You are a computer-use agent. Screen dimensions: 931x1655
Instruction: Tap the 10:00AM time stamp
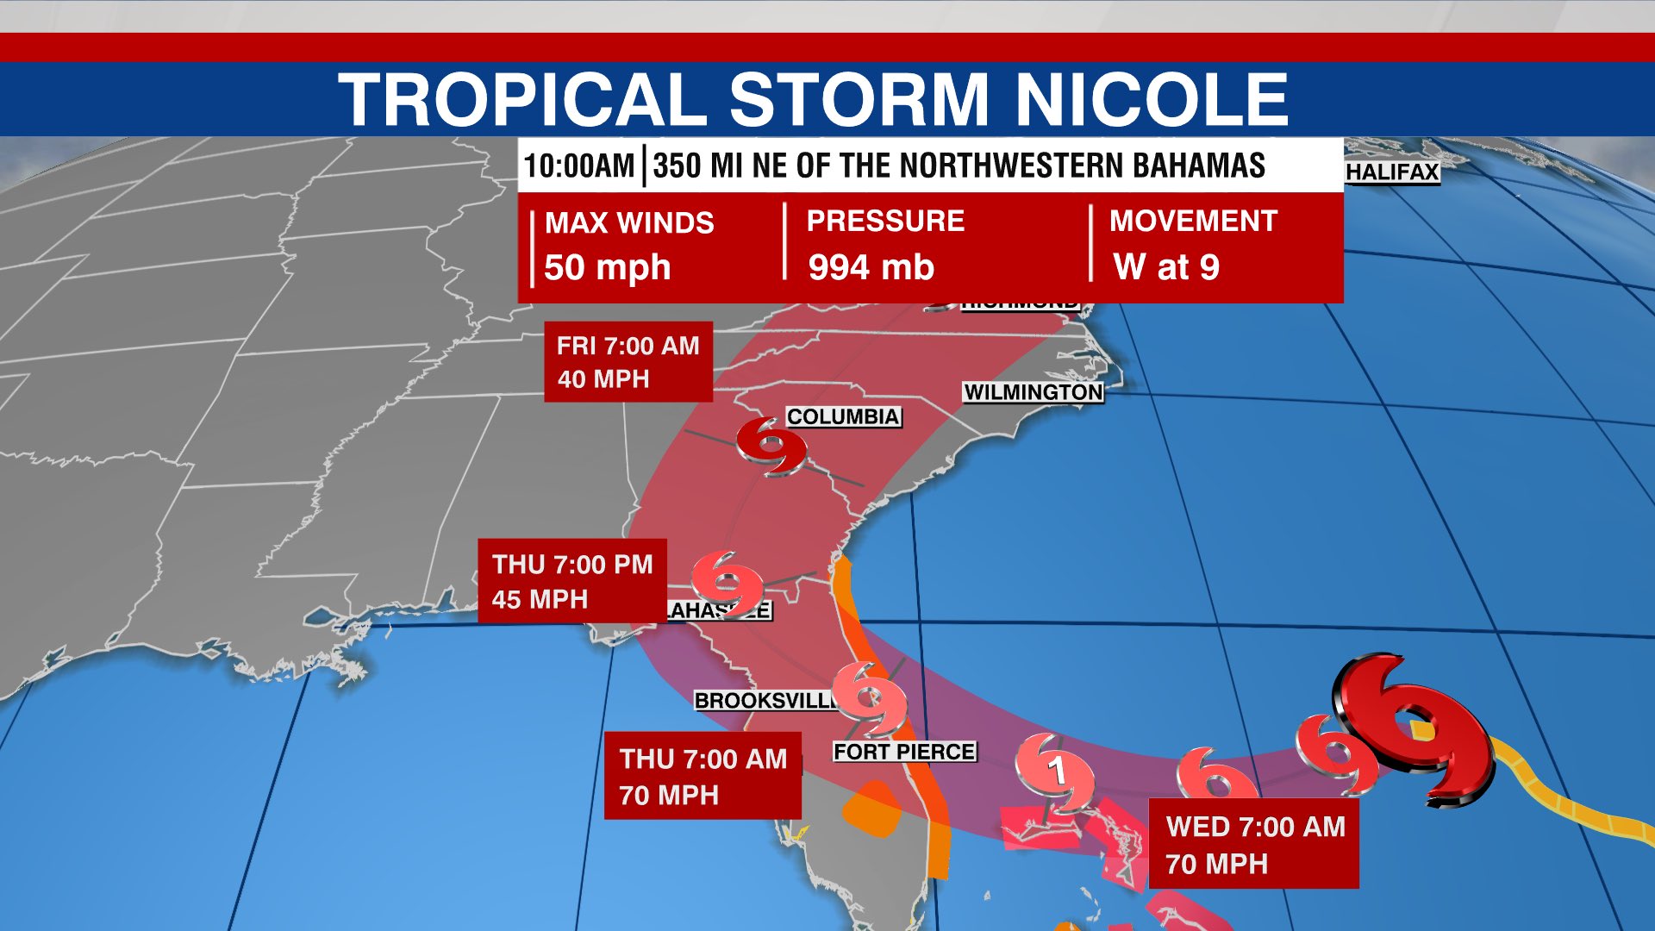click(578, 166)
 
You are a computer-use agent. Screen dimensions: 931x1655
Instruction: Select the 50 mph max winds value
click(607, 267)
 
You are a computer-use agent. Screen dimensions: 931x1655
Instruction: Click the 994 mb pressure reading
click(871, 267)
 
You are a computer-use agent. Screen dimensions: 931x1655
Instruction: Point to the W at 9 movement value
click(1166, 267)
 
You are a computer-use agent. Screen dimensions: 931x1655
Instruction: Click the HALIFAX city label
click(1392, 172)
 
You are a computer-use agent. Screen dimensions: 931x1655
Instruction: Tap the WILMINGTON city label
click(1033, 392)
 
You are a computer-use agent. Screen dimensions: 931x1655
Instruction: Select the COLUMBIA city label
click(843, 417)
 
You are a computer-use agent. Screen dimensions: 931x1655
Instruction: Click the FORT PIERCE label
click(904, 752)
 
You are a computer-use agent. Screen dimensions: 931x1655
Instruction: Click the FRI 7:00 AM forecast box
click(628, 362)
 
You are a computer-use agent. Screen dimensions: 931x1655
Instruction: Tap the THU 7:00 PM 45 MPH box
click(572, 581)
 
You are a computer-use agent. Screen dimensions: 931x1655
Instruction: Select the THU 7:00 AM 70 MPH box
click(703, 776)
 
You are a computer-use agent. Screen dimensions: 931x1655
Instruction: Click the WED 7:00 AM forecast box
click(1254, 844)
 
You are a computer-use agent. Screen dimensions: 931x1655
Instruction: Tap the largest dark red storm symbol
click(1414, 728)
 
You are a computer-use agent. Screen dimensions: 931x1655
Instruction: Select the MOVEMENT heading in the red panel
click(1192, 222)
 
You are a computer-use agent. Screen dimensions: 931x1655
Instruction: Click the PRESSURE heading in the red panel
click(885, 222)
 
